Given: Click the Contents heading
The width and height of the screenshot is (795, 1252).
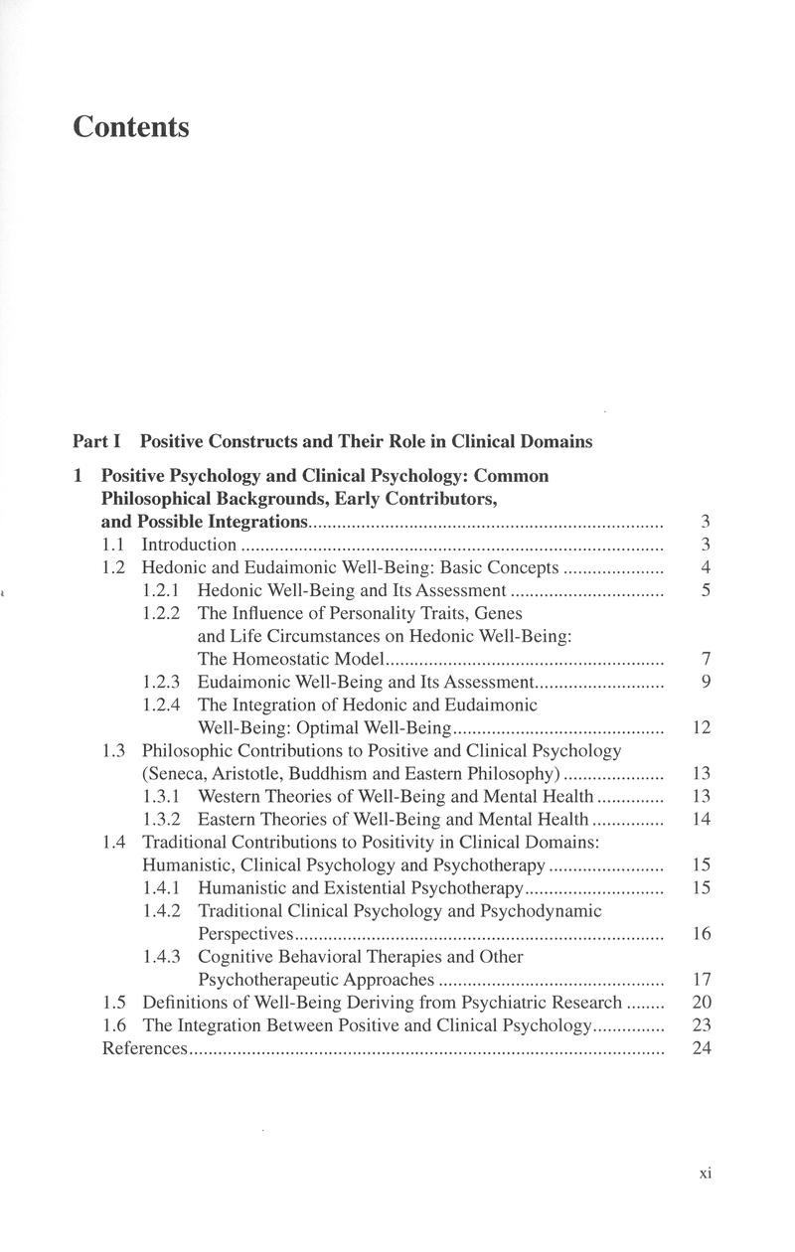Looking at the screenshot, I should pos(131,128).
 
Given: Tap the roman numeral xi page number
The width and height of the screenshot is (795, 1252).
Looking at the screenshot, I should pos(706,1173).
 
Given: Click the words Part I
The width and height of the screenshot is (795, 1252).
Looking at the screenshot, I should pos(95,441).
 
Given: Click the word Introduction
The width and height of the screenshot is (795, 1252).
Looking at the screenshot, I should pos(189,545).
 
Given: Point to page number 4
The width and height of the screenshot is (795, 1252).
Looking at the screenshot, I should pos(705,567).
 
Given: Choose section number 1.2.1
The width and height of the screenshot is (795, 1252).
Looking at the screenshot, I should pos(162,590).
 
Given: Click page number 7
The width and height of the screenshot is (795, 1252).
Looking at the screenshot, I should pos(705,659).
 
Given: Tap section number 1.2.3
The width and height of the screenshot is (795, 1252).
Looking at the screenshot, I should pos(162,682).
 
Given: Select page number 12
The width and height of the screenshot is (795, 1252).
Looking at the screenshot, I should pos(702,727).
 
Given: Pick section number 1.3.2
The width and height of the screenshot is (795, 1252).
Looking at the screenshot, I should pos(162,820).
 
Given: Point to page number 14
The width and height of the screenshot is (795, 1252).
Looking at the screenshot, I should pos(702,820).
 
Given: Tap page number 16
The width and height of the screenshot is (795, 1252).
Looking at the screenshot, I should pos(702,934).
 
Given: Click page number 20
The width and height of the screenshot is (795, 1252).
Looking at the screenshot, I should pos(702,1003).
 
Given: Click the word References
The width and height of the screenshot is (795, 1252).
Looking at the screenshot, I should pos(145,1049).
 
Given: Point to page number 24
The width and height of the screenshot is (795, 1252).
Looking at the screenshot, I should pos(702,1049).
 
